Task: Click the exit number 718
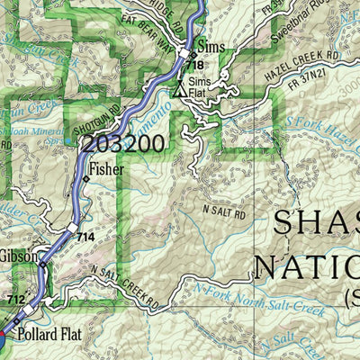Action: click(196, 67)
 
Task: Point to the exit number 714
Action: click(85, 236)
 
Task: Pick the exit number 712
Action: click(16, 299)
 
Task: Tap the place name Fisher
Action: click(106, 167)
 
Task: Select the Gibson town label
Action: click(19, 256)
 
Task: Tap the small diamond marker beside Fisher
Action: click(86, 179)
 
